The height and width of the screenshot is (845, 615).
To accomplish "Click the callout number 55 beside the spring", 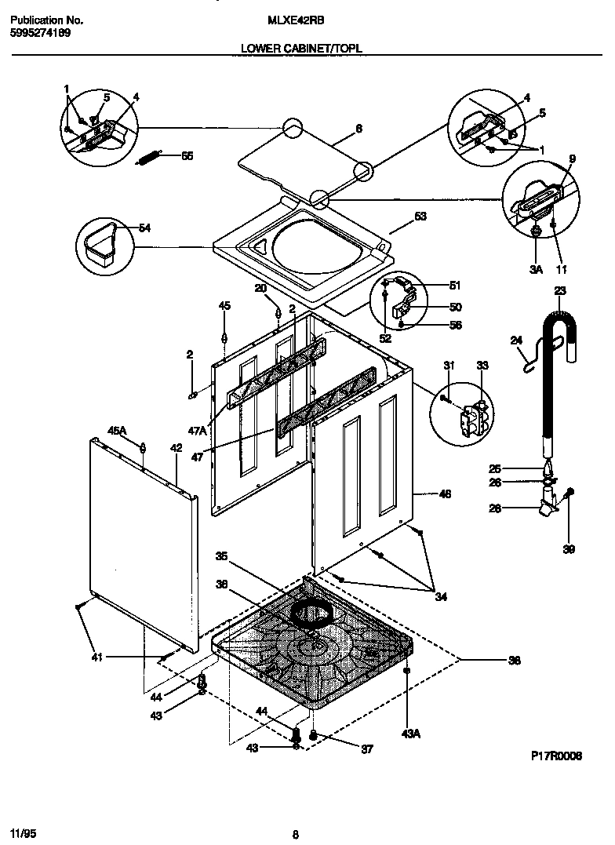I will pos(187,156).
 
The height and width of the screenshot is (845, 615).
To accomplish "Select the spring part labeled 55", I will pos(150,157).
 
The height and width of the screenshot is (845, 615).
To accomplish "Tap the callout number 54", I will pos(144,228).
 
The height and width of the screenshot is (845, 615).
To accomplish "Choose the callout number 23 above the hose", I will pos(559,291).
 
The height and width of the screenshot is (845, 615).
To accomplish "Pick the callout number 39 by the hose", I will pos(570,549).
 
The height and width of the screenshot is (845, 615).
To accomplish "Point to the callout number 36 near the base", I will pos(514,661).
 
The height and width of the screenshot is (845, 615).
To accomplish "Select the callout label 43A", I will pos(409,734).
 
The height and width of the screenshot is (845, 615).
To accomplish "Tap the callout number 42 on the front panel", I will pos(176,448).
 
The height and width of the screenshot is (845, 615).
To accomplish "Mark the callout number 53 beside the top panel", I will pos(420,217).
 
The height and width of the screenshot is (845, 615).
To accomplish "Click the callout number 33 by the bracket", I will pos(482,366).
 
